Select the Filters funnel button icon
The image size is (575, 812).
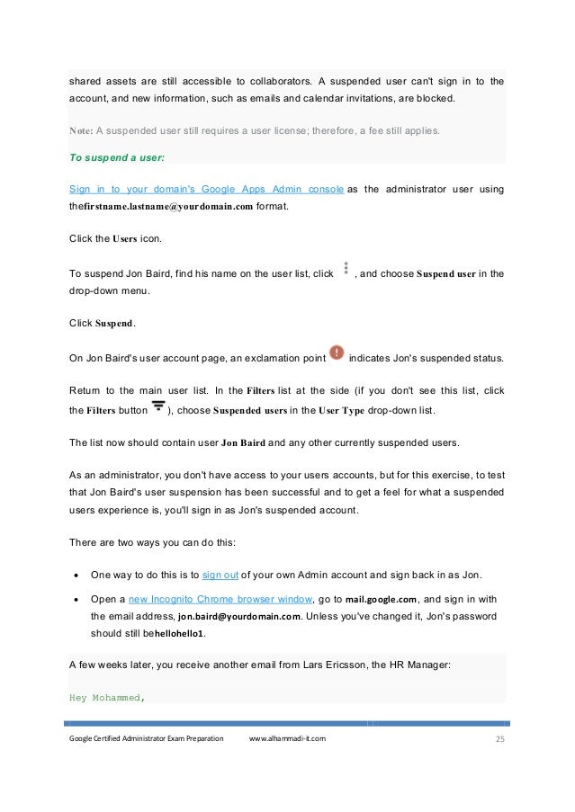(158, 409)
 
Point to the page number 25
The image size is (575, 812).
(499, 738)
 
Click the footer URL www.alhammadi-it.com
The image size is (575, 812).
(287, 738)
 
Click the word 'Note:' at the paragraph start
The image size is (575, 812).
(80, 129)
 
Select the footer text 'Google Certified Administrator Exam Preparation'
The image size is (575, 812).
(146, 738)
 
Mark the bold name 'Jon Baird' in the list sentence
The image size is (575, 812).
(243, 442)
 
